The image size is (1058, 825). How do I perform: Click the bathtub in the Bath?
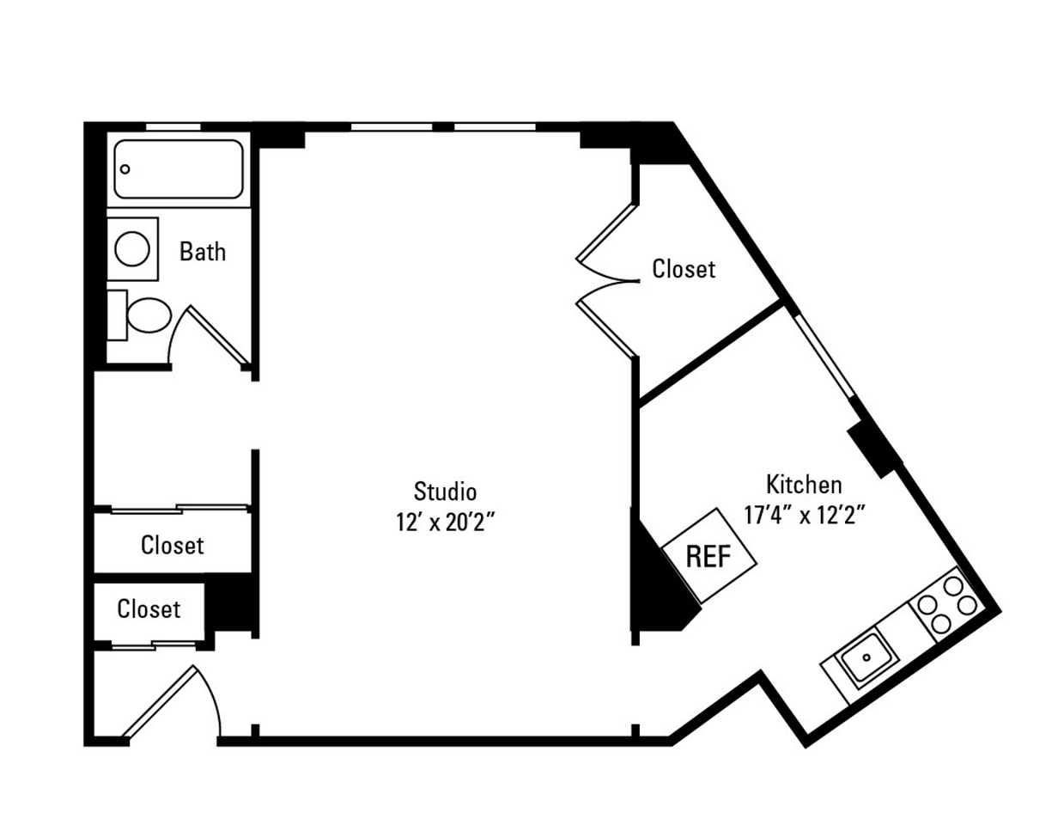179,169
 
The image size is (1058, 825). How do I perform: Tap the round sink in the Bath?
132,248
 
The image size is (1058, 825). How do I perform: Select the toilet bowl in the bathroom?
149,315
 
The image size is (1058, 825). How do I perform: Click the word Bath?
203,252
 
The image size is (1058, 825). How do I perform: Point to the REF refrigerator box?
708,556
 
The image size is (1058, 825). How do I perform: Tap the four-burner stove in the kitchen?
945,605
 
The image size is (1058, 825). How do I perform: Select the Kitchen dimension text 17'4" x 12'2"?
803,515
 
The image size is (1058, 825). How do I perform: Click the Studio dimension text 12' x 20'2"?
446,521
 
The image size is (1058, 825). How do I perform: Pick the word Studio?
445,492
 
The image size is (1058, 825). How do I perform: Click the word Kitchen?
804,484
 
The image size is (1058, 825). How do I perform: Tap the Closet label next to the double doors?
684,269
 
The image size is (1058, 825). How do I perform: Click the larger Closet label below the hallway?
172,545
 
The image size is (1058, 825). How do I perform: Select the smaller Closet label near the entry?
149,609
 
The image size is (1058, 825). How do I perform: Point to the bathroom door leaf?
219,335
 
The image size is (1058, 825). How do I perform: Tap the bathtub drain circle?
125,169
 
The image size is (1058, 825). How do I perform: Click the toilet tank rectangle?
116,315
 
